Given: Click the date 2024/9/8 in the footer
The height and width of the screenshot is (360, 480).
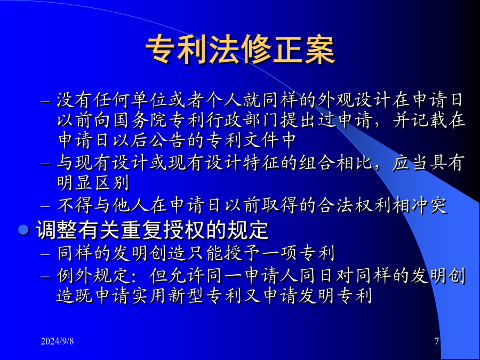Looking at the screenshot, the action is tap(57, 341).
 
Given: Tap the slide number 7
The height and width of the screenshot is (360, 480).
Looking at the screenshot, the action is tap(437, 341).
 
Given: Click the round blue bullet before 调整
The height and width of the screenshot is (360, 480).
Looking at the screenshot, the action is tap(23, 229).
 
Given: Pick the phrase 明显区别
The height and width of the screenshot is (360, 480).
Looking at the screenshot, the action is tap(93, 182).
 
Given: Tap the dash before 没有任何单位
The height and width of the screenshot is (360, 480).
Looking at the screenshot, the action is tap(45, 102).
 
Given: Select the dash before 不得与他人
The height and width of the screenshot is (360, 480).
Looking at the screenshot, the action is tap(45, 206).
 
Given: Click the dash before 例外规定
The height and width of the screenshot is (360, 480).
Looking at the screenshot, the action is tap(45, 277).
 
